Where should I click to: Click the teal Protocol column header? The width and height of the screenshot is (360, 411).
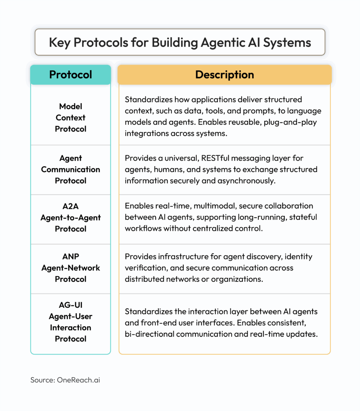click(71, 75)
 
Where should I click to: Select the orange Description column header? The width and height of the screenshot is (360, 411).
click(224, 75)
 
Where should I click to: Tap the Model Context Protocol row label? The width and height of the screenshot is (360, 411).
click(71, 118)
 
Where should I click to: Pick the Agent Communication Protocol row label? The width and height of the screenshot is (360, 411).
click(71, 169)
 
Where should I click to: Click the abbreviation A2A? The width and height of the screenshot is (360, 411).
click(71, 206)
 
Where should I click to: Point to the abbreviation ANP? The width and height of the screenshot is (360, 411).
click(71, 256)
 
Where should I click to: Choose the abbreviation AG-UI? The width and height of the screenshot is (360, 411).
click(71, 305)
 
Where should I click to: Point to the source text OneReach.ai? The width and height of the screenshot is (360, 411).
click(78, 380)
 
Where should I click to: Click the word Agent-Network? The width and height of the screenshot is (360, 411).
click(71, 268)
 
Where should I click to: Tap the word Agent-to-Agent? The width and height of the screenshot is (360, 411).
click(71, 218)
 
